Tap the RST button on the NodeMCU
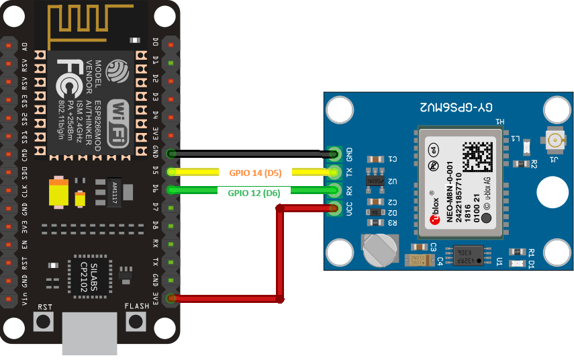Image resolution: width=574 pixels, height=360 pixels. (45, 321)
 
